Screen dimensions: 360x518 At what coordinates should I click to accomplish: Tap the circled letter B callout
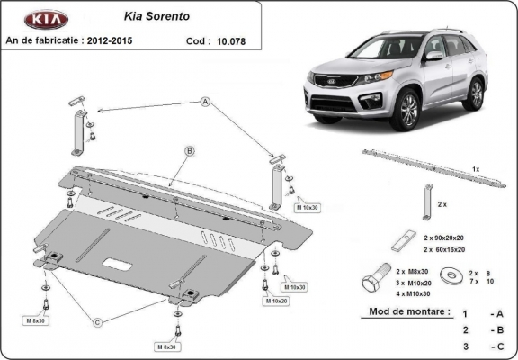pyautogui.click(x=190, y=150)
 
